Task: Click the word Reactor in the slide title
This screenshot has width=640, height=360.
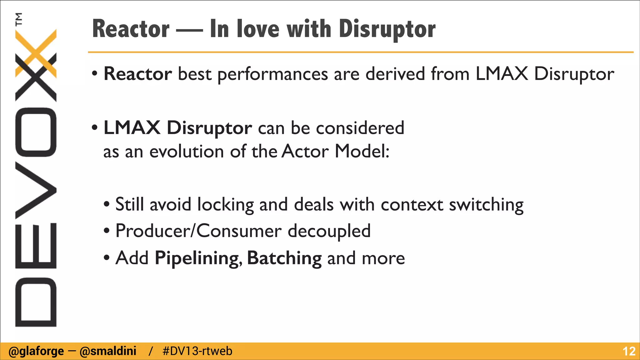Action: point(131,29)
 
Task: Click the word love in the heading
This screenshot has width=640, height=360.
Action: point(258,29)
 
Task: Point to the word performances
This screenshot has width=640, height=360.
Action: point(272,74)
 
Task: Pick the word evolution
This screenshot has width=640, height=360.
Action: point(187,152)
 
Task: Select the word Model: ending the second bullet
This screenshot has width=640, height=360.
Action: point(362,152)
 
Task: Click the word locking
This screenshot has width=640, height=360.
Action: point(226,205)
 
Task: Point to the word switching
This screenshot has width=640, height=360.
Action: point(486,205)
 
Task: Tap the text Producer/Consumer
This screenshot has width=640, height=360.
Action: point(199,231)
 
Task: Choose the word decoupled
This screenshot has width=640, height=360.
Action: point(329,232)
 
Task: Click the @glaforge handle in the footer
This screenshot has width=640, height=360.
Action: point(36,351)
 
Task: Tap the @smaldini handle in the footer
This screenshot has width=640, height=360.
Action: point(108,351)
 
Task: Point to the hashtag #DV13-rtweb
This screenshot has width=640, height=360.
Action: point(197,351)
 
